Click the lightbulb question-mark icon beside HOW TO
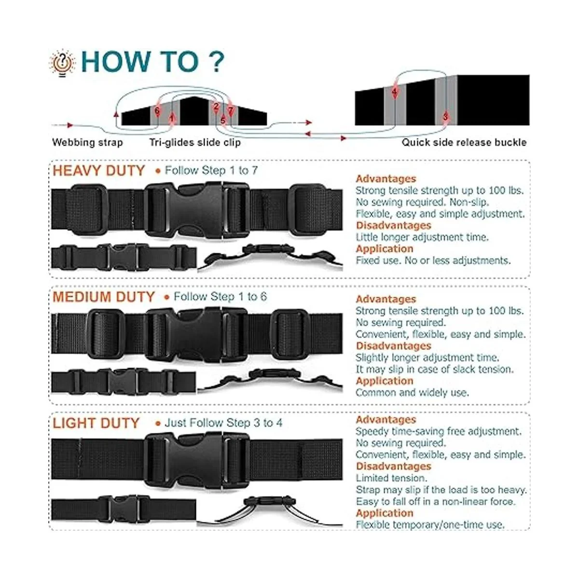[x=62, y=63]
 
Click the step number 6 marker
[x=157, y=111]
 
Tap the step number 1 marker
[x=172, y=118]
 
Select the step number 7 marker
[x=231, y=111]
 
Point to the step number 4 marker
[x=395, y=92]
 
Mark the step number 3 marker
[x=445, y=117]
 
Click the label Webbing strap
[x=87, y=142]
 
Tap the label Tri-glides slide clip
[x=195, y=142]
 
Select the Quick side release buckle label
[x=464, y=142]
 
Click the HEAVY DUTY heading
[x=99, y=171]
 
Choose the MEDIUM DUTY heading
[x=103, y=297]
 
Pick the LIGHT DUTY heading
[x=96, y=423]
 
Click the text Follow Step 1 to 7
[x=211, y=170]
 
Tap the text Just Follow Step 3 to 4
[x=223, y=423]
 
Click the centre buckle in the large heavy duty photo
[x=196, y=210]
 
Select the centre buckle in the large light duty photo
[x=196, y=462]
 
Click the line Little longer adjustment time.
[x=422, y=237]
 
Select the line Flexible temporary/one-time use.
[x=430, y=524]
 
